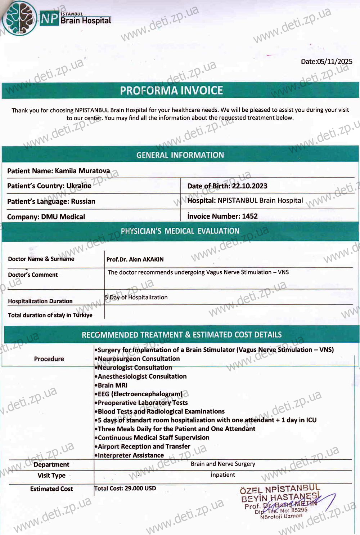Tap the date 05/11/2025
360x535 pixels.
coord(334,62)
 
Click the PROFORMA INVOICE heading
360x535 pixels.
coord(171,90)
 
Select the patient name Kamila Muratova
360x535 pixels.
coord(82,171)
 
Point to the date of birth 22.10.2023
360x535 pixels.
coord(249,186)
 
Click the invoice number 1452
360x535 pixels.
coord(250,216)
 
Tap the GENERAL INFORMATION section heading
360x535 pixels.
coord(180,155)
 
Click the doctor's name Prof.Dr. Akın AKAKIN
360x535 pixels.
coord(135,259)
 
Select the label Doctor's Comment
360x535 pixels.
coord(33,275)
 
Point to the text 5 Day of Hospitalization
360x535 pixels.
coord(136,298)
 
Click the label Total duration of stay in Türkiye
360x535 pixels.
coord(50,315)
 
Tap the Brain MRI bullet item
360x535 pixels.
coord(112,385)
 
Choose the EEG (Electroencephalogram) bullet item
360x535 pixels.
coord(140,394)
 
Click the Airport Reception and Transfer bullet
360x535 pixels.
coord(144,446)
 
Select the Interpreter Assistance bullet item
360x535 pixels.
coord(130,455)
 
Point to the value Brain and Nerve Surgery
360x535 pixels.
coord(223,464)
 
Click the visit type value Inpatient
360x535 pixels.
coord(223,475)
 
